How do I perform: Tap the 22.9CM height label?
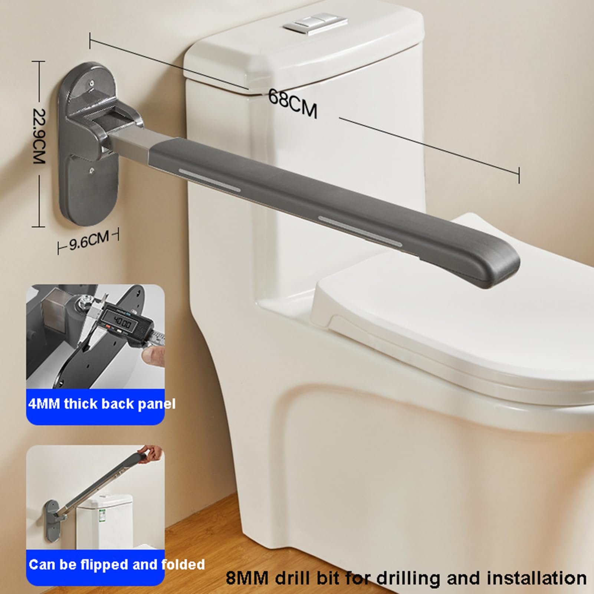(39, 136)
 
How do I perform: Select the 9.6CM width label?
(89, 240)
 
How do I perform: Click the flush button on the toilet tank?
(316, 24)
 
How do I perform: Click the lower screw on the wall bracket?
(92, 171)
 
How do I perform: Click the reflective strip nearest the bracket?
(210, 180)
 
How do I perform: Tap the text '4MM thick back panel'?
(102, 404)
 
